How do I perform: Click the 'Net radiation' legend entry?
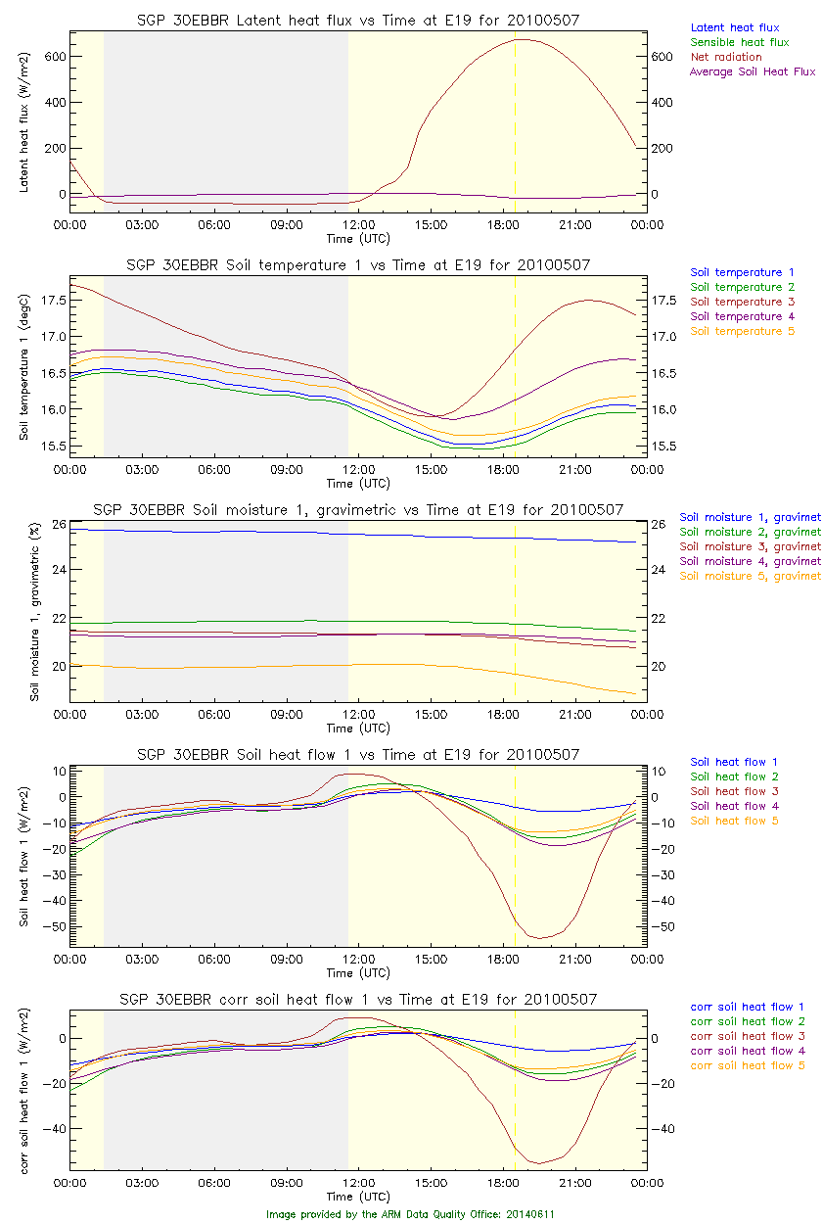725,57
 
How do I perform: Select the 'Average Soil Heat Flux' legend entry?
752,71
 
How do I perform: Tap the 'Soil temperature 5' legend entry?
742,331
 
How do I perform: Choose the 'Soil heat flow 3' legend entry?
734,791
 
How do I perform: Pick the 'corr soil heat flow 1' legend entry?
747,1007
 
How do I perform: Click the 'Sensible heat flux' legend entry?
739,42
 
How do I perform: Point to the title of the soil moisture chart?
358,509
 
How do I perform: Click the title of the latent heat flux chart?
358,20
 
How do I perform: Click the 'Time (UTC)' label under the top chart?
358,238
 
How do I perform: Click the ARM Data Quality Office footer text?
410,1214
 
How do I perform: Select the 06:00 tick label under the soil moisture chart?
213,715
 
